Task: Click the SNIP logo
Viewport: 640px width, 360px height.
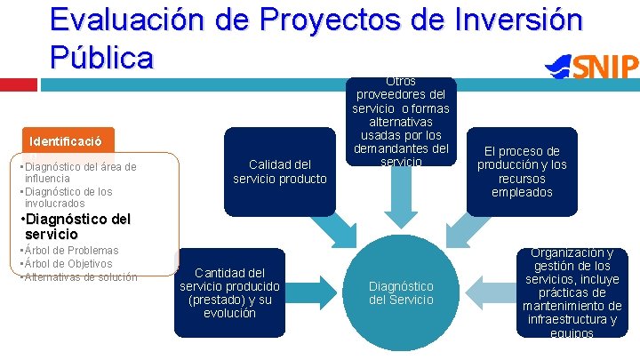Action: (x=593, y=66)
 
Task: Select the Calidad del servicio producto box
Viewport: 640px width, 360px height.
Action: (x=280, y=171)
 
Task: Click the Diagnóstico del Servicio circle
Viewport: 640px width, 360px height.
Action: (x=401, y=292)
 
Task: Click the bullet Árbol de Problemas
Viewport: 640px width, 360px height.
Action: (x=70, y=251)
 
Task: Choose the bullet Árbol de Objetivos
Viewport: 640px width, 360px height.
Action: (x=68, y=263)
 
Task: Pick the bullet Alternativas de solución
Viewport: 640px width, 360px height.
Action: (x=80, y=276)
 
